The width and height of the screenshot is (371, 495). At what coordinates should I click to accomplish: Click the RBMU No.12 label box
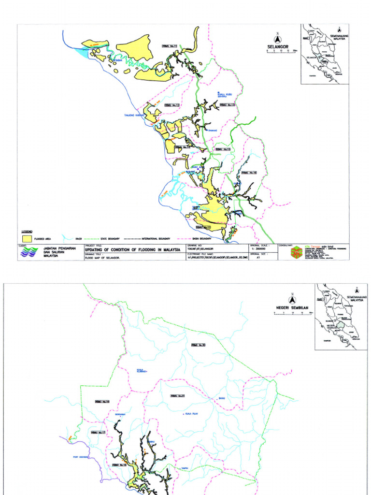pos(172,105)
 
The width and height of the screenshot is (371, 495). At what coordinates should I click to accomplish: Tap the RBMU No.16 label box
pos(247,173)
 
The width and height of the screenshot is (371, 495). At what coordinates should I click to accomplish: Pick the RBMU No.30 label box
pos(198,345)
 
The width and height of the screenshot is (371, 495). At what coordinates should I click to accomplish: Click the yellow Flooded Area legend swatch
pos(28,238)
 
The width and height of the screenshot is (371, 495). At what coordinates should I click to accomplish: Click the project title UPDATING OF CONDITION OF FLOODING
pos(133,249)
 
